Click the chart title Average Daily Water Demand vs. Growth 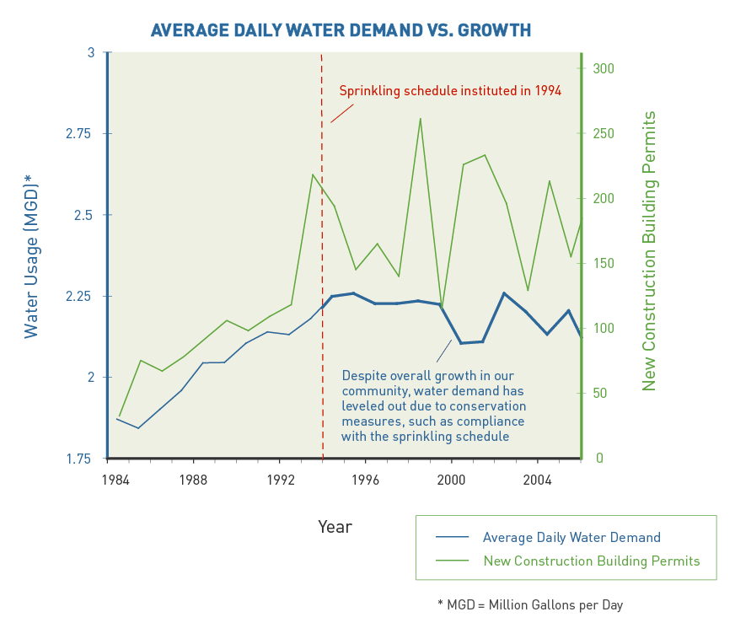coord(341,31)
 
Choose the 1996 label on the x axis coord(365,480)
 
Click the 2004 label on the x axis coord(538,480)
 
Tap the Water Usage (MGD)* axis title coord(31,255)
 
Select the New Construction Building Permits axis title coord(649,250)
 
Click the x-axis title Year coord(335,527)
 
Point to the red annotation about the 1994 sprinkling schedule coord(450,90)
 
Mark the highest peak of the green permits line coord(420,119)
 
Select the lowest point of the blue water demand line coord(138,428)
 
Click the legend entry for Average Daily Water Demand coord(571,537)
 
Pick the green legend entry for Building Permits coord(591,561)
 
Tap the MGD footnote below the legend coord(530,604)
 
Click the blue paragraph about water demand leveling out coord(433,405)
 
